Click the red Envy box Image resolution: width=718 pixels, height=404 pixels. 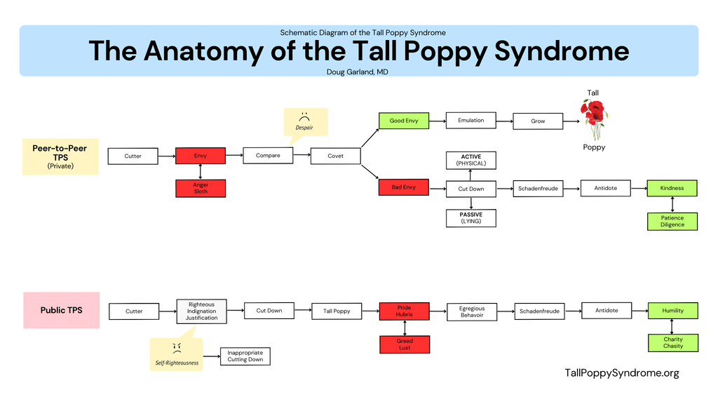pyautogui.click(x=201, y=156)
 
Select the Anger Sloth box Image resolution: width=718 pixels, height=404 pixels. pyautogui.click(x=201, y=188)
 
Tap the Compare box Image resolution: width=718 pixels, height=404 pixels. pyautogui.click(x=268, y=156)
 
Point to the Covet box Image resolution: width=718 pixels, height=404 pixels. pyautogui.click(x=335, y=156)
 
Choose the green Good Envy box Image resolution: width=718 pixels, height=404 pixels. pyautogui.click(x=404, y=121)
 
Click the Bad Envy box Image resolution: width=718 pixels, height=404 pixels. pyautogui.click(x=404, y=187)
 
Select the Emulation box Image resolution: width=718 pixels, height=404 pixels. pyautogui.click(x=470, y=121)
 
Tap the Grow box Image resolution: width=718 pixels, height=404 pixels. pyautogui.click(x=538, y=121)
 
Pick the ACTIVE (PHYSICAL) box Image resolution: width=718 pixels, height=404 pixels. pyautogui.click(x=471, y=160)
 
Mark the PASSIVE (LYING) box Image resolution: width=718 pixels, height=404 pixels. pyautogui.click(x=471, y=217)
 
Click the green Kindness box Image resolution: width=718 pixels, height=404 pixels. pyautogui.click(x=672, y=188)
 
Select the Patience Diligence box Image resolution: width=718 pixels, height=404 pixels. pyautogui.click(x=672, y=222)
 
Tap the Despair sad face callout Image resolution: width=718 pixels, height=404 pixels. pyautogui.click(x=304, y=122)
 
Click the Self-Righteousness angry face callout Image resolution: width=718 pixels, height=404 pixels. pyautogui.click(x=177, y=354)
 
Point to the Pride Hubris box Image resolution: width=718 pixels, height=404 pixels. pyautogui.click(x=404, y=311)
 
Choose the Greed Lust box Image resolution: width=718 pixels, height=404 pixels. pyautogui.click(x=404, y=344)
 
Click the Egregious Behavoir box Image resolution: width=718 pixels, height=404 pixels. pyautogui.click(x=471, y=311)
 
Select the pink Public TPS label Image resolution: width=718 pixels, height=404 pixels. pyautogui.click(x=62, y=310)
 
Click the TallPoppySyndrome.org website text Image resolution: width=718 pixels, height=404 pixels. pyautogui.click(x=621, y=373)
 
